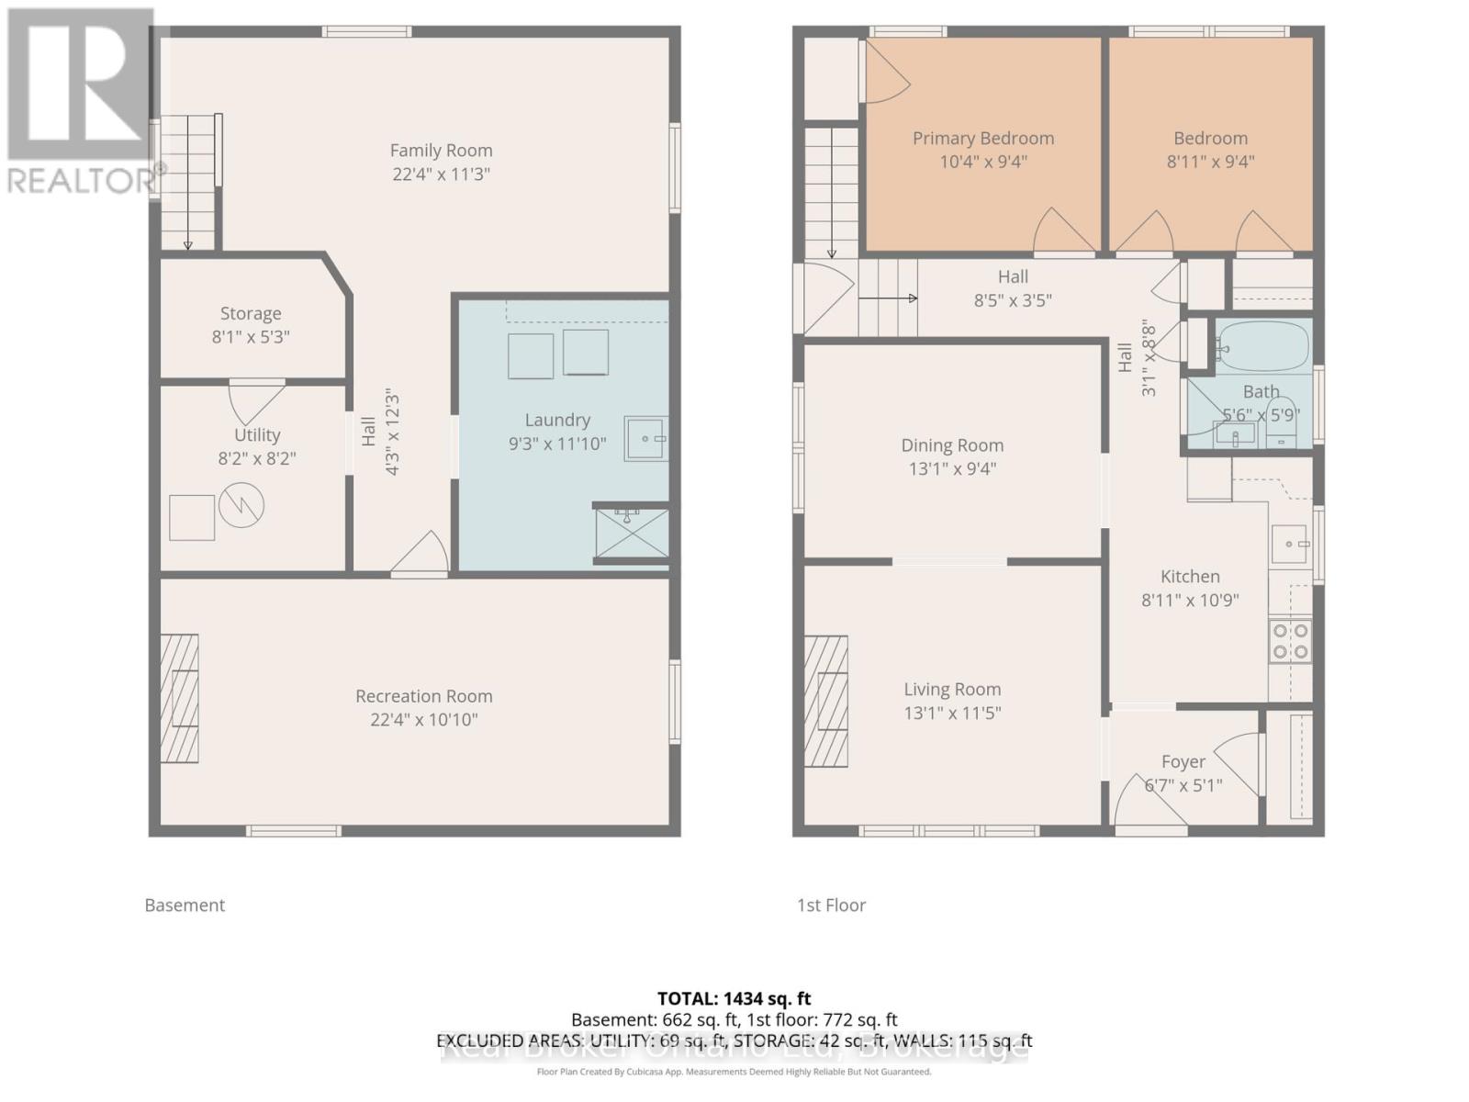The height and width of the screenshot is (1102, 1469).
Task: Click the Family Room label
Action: tap(441, 151)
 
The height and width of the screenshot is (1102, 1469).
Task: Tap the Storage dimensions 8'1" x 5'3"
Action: tap(251, 337)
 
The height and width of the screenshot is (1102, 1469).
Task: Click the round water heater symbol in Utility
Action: tap(241, 504)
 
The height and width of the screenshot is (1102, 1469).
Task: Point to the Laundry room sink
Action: tap(645, 438)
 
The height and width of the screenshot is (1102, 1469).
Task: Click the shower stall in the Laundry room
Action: tap(631, 534)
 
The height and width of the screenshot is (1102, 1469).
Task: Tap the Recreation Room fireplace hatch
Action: tap(180, 698)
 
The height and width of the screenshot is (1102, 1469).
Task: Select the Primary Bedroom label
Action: tap(982, 139)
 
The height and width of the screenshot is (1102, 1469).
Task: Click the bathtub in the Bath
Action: tap(1262, 346)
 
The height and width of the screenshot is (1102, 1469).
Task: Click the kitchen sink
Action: tap(1289, 544)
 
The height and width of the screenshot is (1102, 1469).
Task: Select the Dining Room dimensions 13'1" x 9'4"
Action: tap(951, 469)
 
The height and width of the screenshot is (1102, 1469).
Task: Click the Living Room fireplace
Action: tap(826, 701)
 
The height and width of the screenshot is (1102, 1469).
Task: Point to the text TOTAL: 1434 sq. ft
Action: tap(734, 998)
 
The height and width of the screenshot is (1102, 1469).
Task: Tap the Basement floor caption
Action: tap(185, 905)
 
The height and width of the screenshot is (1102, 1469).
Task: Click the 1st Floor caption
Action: tap(831, 905)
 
